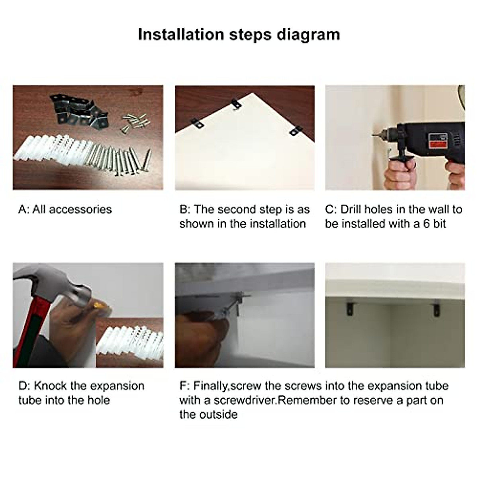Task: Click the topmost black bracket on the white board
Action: (x=236, y=104)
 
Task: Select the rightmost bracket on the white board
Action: (x=296, y=131)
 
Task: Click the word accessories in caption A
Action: (x=80, y=210)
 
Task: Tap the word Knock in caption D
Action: (x=50, y=386)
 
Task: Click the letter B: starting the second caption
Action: (x=185, y=210)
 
